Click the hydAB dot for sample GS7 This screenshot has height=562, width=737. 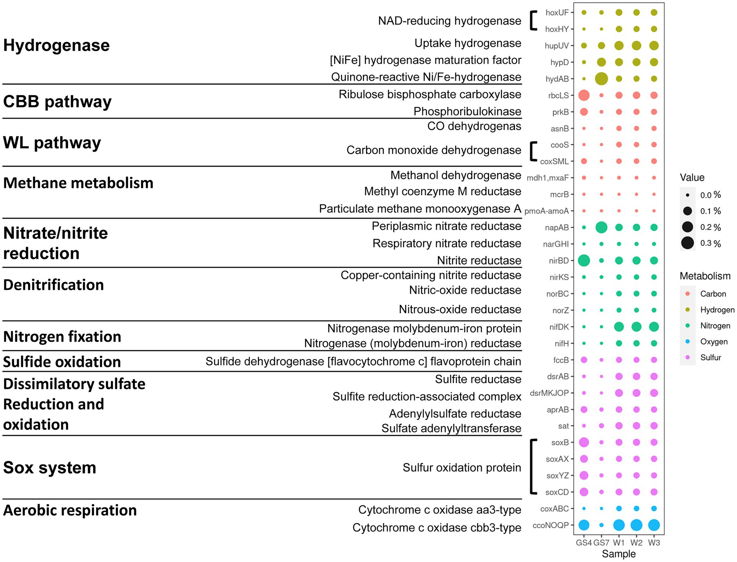(601, 79)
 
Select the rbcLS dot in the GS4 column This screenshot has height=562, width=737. (584, 95)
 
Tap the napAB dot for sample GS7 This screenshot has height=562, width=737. (601, 228)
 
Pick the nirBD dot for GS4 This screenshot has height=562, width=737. (584, 261)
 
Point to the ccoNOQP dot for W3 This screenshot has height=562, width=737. (654, 525)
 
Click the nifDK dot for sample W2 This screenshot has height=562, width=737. (636, 327)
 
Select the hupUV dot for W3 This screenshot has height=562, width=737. (654, 46)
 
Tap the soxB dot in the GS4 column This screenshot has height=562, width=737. (584, 442)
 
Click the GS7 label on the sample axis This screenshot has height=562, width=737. (601, 543)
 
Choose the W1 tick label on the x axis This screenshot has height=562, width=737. (619, 543)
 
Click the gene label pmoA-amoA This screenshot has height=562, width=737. (546, 211)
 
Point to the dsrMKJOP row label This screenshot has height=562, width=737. (549, 393)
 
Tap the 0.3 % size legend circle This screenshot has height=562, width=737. (688, 243)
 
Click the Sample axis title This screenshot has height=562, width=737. (618, 554)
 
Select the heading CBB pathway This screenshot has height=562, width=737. (57, 102)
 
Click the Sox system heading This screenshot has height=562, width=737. (50, 468)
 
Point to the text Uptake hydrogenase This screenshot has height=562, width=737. (468, 43)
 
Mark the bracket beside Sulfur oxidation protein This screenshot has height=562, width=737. (533, 467)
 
